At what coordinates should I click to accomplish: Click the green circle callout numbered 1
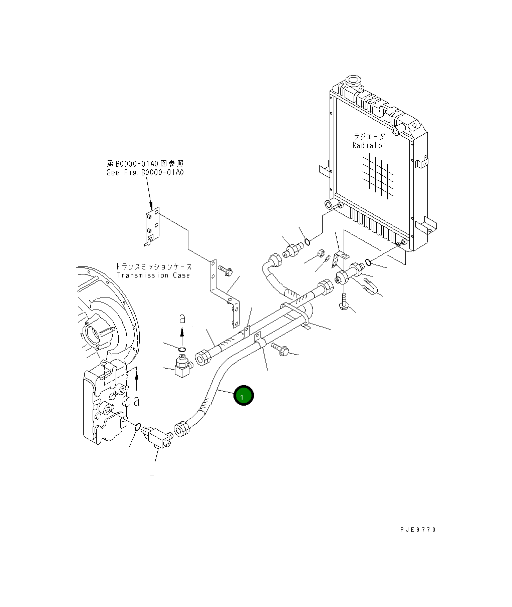coord(243,396)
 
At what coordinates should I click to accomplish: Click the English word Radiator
coord(369,145)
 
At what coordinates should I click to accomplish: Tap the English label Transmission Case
coord(153,275)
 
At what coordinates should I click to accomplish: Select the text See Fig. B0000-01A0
coord(145,172)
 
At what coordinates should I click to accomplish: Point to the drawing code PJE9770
coord(418,529)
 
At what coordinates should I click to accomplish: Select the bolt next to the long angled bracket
coord(225,271)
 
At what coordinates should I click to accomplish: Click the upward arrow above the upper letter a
coord(182,333)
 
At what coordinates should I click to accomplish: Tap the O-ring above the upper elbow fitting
coord(182,349)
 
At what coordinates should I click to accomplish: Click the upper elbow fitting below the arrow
coord(182,367)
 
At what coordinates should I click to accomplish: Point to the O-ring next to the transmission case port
coord(137,426)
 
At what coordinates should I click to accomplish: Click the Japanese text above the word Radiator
coord(370,136)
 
